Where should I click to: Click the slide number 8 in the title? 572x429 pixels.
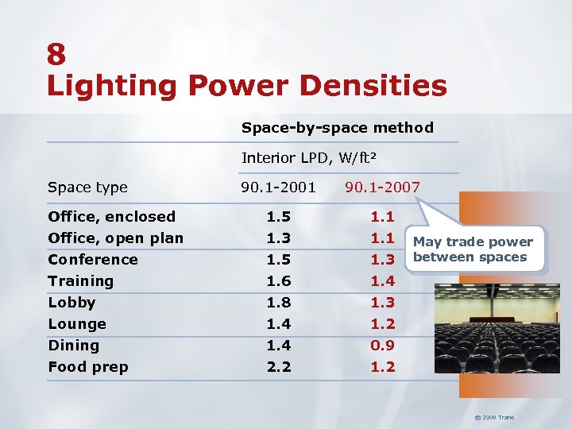(x=56, y=54)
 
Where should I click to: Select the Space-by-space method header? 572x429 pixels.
(x=337, y=127)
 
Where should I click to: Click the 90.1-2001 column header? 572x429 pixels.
(x=278, y=187)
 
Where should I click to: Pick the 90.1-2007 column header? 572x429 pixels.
(x=382, y=187)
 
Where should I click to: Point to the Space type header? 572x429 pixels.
(x=87, y=187)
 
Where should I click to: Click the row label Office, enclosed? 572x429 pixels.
(x=111, y=216)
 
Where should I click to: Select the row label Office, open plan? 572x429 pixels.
(x=115, y=238)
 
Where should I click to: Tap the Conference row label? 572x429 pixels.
(x=92, y=259)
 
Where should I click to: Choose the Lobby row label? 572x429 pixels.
(x=71, y=302)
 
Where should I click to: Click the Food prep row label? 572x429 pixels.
(x=87, y=366)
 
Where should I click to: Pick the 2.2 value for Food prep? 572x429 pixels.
(x=278, y=366)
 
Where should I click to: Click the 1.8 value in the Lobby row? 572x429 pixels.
(x=278, y=302)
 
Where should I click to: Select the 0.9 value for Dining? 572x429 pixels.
(x=383, y=345)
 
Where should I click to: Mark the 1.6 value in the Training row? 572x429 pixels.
(x=278, y=280)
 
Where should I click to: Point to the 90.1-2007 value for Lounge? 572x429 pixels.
(x=383, y=323)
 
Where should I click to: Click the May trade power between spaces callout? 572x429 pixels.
(x=473, y=249)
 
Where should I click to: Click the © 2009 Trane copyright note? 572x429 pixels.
(x=494, y=417)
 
